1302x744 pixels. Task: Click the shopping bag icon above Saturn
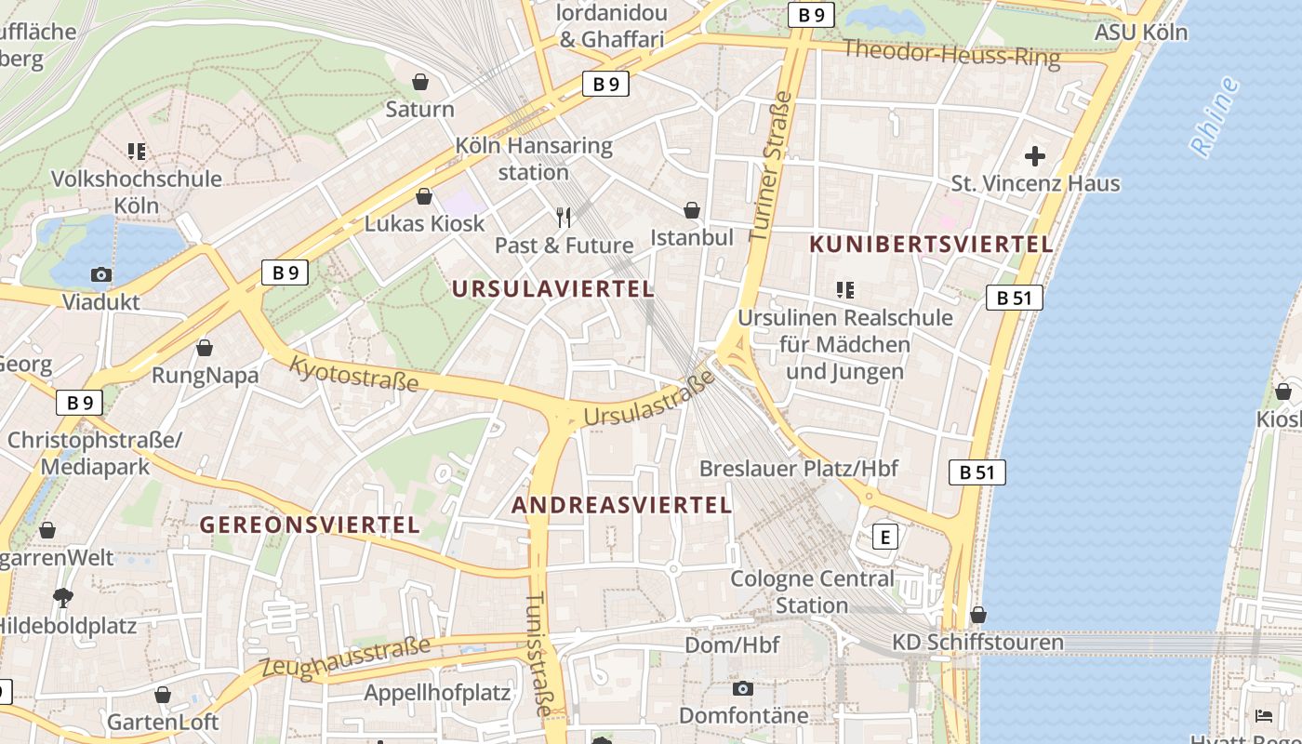coord(420,82)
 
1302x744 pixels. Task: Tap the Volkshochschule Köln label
coord(136,191)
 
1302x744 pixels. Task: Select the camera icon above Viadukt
coord(101,274)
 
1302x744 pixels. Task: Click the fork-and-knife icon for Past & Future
coord(564,218)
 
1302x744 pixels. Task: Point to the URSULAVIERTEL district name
coord(553,289)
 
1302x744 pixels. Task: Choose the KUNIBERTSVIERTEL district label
coord(931,245)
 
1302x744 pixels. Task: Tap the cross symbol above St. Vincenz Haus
coord(1034,156)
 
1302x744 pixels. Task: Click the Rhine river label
coord(1216,117)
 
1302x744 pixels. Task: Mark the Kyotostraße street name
coord(353,372)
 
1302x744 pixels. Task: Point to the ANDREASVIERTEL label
coord(622,505)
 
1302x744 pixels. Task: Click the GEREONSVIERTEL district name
coord(311,525)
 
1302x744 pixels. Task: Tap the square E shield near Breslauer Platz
coord(884,537)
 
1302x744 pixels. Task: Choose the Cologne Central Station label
coord(812,591)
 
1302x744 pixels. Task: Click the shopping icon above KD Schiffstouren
coord(977,615)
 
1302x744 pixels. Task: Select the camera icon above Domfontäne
coord(742,688)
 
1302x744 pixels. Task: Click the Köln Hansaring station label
coord(534,159)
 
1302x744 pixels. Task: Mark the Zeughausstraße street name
coord(346,657)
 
